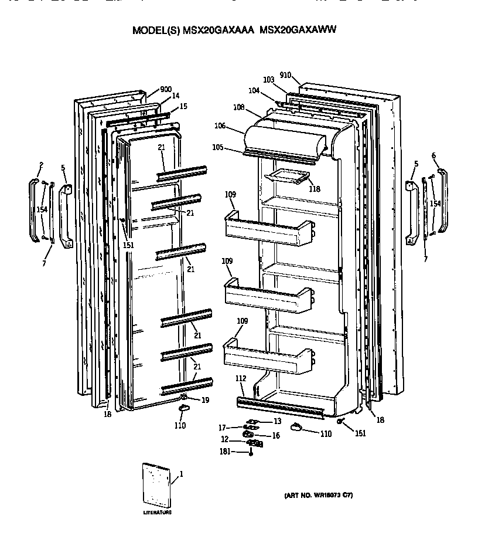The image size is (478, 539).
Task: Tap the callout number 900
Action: (x=165, y=90)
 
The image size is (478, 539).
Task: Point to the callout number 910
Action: (x=285, y=75)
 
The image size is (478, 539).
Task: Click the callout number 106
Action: (x=220, y=126)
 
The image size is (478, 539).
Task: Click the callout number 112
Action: (x=241, y=378)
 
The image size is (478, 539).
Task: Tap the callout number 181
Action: (x=224, y=452)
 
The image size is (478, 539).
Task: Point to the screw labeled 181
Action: (x=251, y=452)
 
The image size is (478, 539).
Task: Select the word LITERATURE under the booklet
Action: (x=158, y=513)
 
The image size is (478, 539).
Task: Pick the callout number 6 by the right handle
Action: (x=433, y=155)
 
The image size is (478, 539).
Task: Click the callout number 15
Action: (x=183, y=106)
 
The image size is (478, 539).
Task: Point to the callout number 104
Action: (x=253, y=91)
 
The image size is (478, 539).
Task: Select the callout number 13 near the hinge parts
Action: (x=277, y=421)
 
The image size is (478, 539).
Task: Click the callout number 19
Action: (x=205, y=400)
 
